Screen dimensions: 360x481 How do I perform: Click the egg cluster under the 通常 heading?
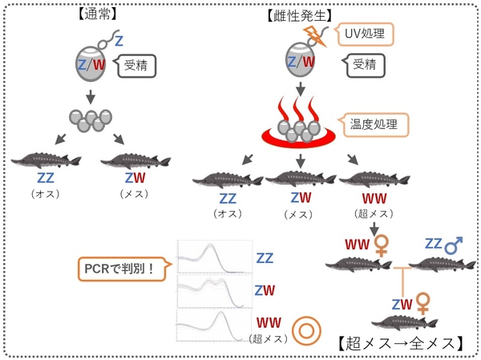[x=88, y=121]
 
